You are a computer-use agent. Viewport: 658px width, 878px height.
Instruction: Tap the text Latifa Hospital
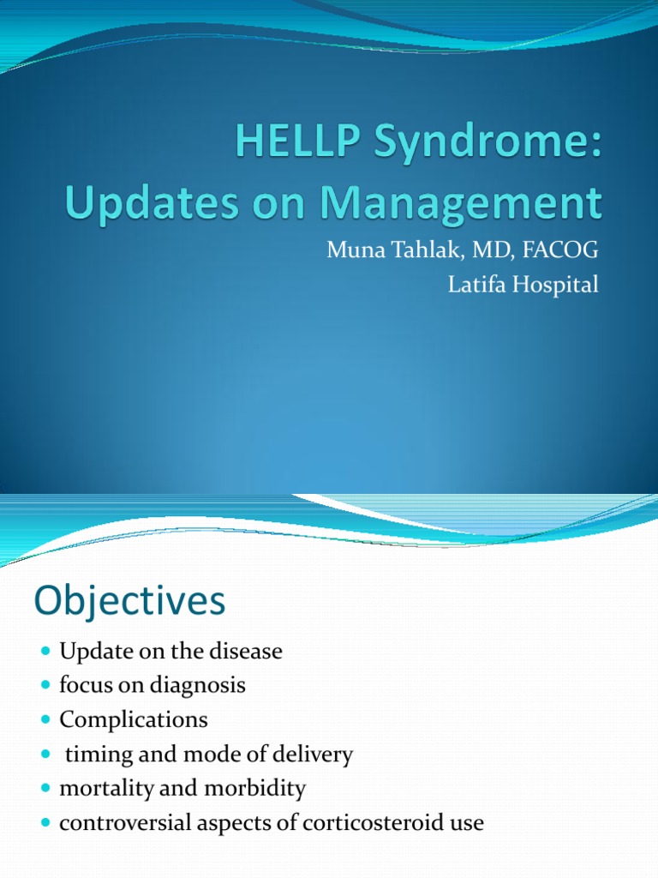pos(523,285)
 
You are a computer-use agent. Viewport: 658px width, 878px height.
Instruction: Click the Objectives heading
pos(129,601)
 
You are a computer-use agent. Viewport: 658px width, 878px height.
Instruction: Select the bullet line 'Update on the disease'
pos(170,652)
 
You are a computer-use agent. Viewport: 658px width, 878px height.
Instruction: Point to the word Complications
pos(133,720)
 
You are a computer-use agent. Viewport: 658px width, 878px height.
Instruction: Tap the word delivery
pos(307,755)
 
